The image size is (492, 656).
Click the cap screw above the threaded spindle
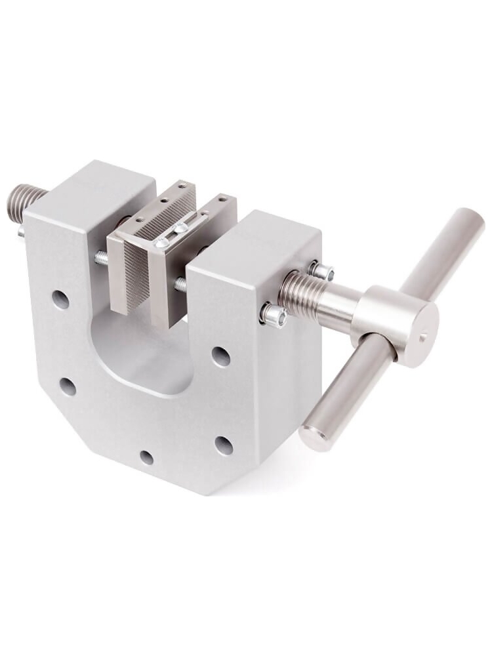pos(320,270)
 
